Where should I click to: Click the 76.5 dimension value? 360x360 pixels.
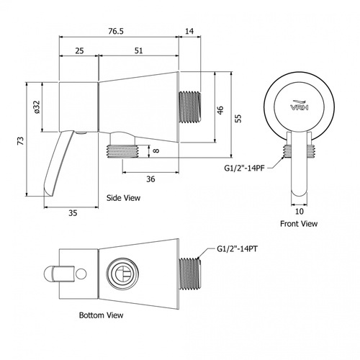tap(116, 31)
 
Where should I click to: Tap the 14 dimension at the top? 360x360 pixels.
tap(189, 31)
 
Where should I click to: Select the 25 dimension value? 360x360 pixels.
tap(79, 51)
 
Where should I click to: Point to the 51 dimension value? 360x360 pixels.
tap(139, 51)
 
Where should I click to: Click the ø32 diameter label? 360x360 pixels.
tap(37, 107)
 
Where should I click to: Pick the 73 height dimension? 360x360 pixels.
tap(21, 140)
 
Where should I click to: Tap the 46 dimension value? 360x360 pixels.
tap(220, 110)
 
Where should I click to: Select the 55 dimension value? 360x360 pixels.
tap(238, 118)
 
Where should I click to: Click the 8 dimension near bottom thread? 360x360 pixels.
tap(156, 150)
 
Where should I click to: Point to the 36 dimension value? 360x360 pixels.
tap(150, 179)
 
